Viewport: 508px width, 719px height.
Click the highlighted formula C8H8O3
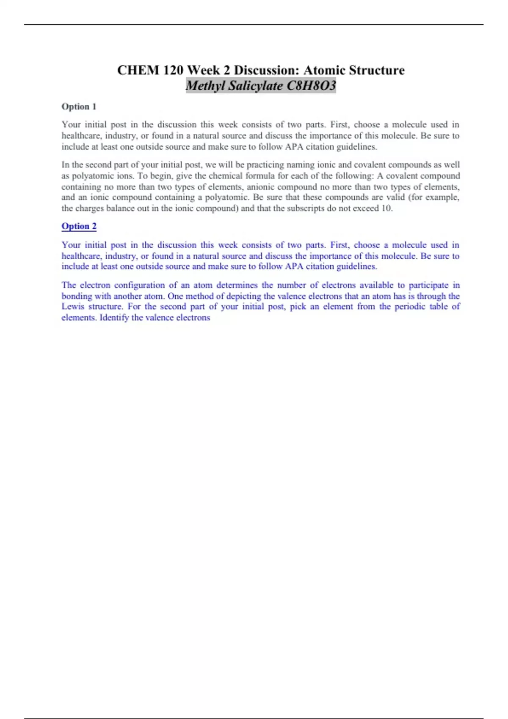311,86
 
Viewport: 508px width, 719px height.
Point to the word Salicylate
256,86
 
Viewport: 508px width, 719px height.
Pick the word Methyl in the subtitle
205,86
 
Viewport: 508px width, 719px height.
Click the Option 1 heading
79,107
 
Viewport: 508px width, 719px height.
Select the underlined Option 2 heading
79,226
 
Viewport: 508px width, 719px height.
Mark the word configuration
139,285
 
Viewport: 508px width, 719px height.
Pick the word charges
89,209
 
